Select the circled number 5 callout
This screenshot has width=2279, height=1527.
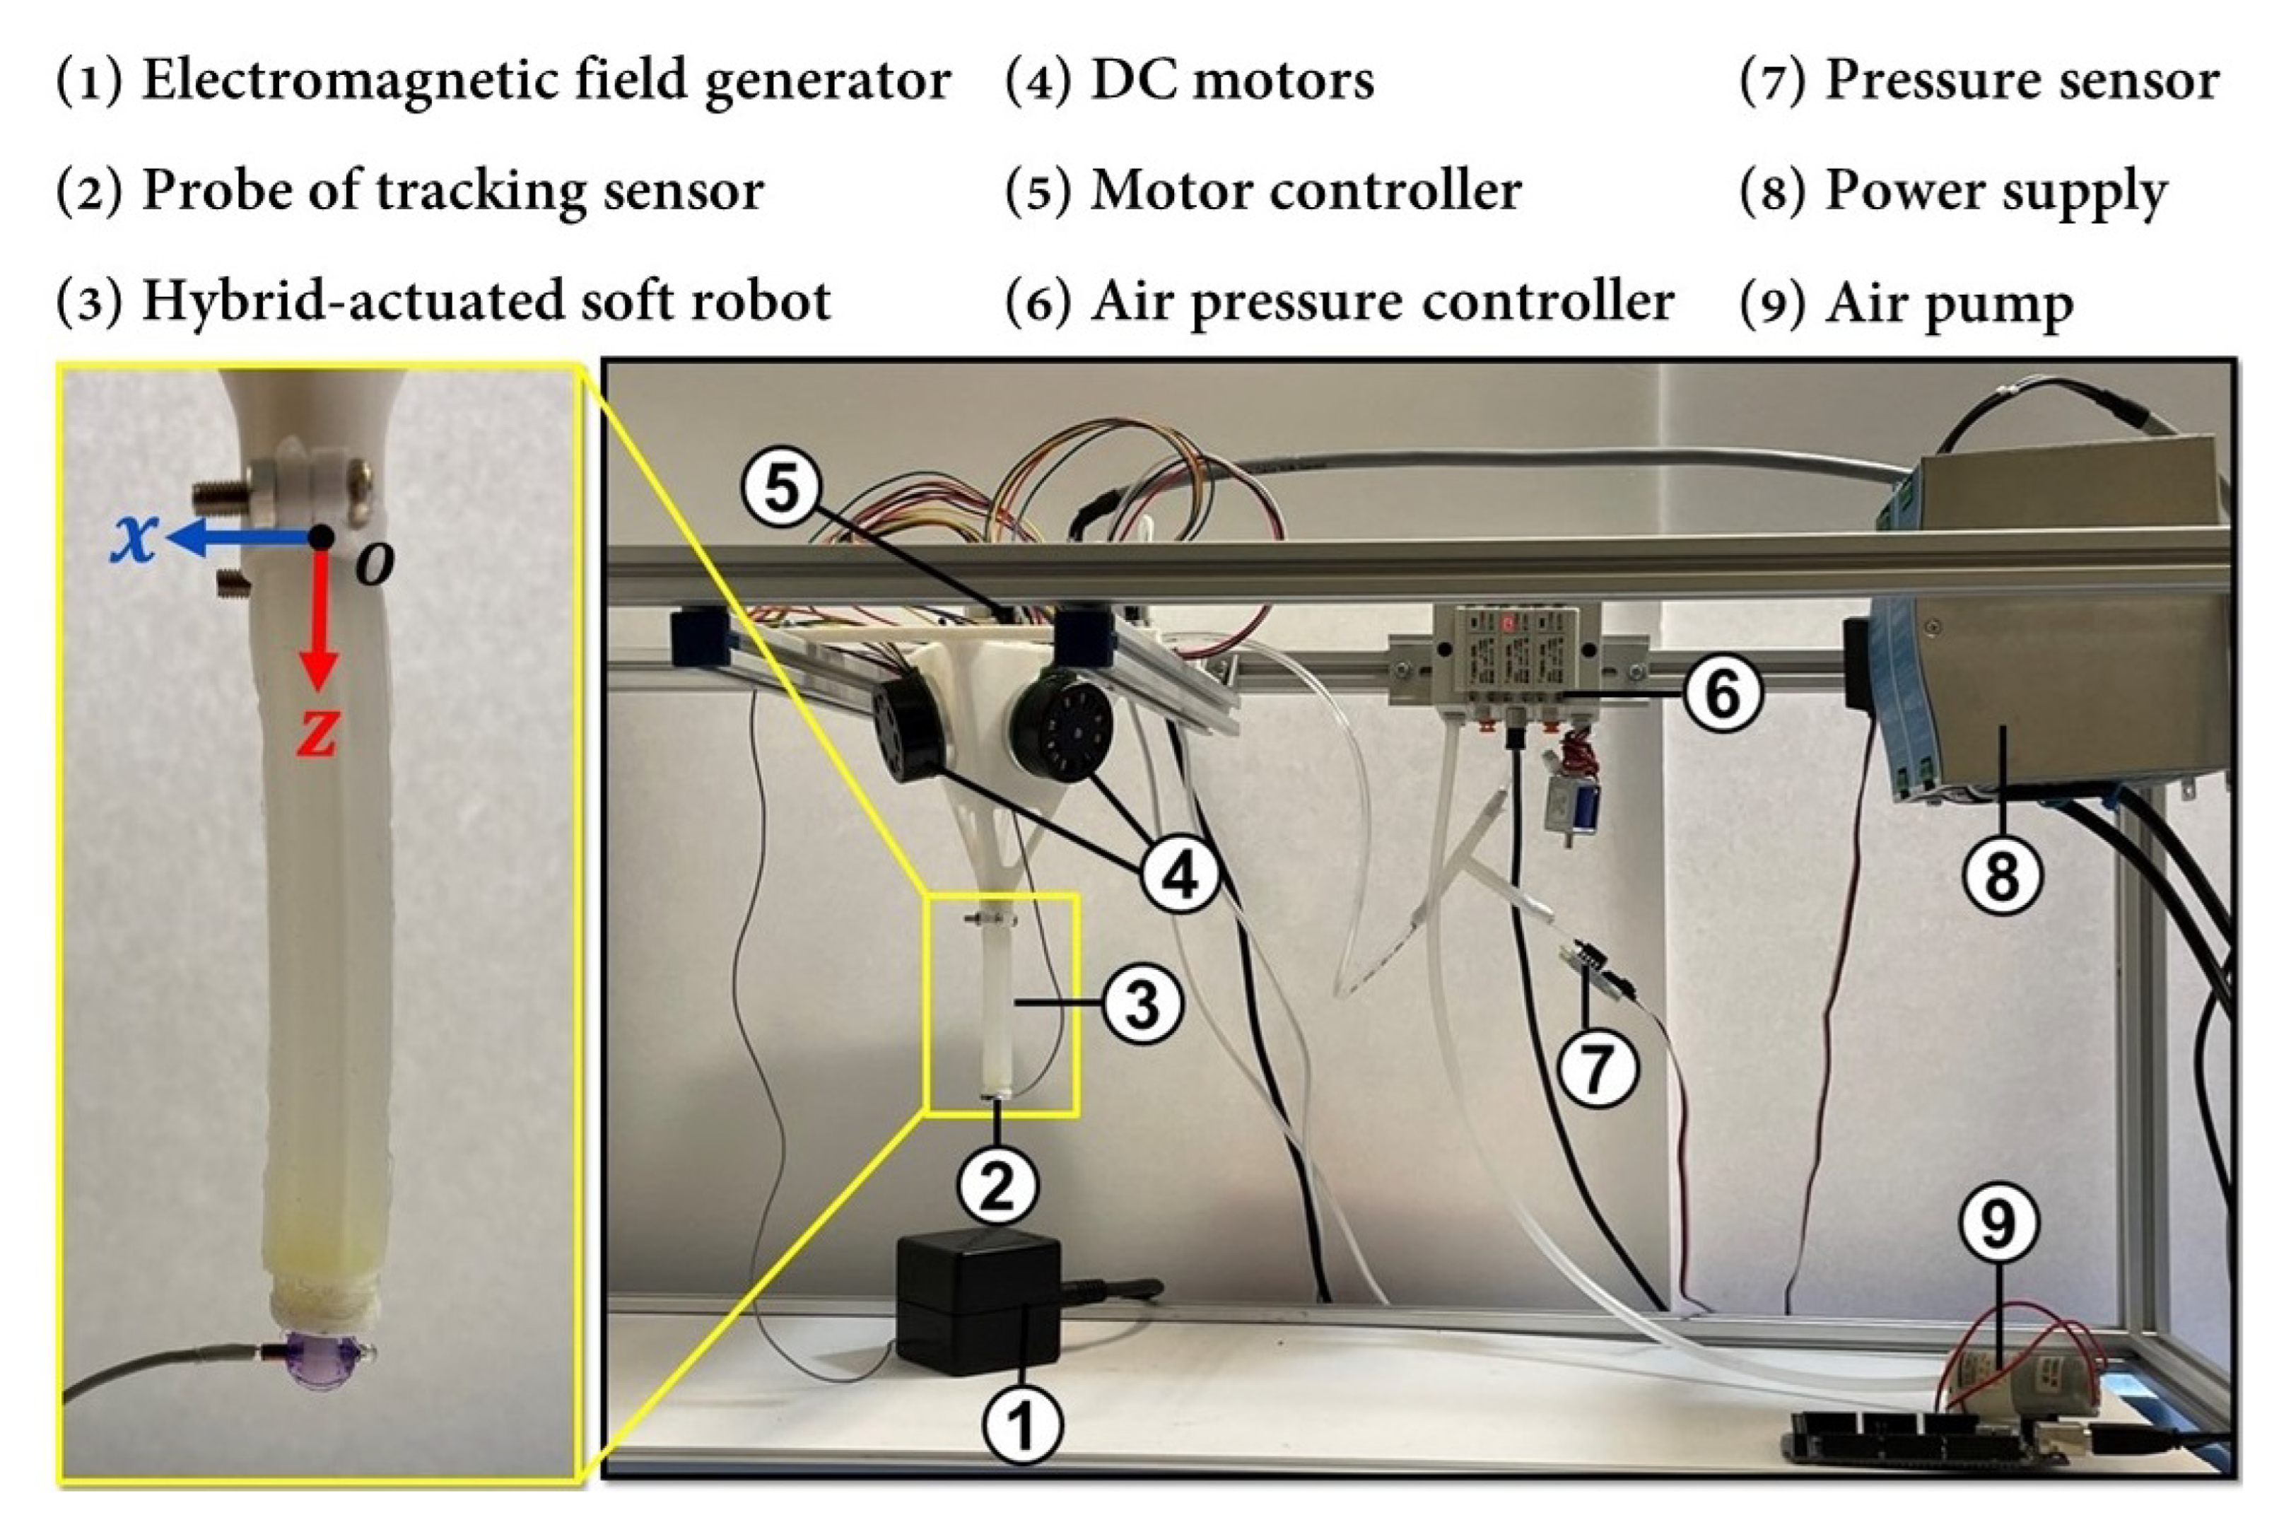[782, 487]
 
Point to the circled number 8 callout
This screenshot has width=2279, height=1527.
[2000, 875]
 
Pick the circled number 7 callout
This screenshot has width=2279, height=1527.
[1597, 1067]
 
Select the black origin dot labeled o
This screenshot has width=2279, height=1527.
[321, 537]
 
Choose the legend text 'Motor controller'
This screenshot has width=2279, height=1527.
[1306, 191]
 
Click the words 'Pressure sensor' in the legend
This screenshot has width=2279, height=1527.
[2021, 80]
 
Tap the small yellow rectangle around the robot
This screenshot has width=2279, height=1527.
[1076, 1003]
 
